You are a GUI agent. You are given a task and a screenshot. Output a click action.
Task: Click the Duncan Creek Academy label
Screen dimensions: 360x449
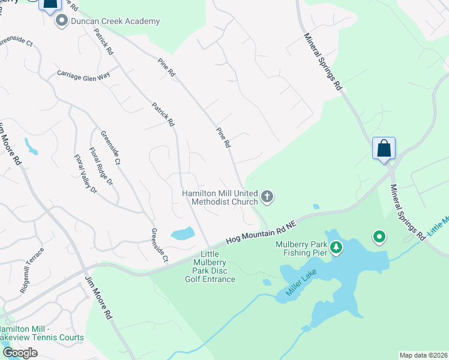[x=115, y=22]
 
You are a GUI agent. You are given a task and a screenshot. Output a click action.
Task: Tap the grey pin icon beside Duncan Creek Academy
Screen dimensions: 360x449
[x=61, y=22]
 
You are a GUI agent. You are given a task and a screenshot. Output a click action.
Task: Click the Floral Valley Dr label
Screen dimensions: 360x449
[x=85, y=173]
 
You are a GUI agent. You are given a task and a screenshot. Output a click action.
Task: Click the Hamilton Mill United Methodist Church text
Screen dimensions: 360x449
[x=220, y=197]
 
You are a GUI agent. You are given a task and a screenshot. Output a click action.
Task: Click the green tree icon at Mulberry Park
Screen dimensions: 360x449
[x=337, y=247]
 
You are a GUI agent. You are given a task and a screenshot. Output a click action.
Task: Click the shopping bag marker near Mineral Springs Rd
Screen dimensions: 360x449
[x=384, y=148]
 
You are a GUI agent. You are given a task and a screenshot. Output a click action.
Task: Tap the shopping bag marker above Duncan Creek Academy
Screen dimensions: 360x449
[x=50, y=4]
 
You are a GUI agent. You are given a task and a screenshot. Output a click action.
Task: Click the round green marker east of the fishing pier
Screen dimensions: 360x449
[x=379, y=238]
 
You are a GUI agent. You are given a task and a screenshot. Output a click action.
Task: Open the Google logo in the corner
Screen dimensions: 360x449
[x=19, y=353]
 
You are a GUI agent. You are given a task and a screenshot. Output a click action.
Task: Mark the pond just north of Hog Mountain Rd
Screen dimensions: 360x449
[x=182, y=233]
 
